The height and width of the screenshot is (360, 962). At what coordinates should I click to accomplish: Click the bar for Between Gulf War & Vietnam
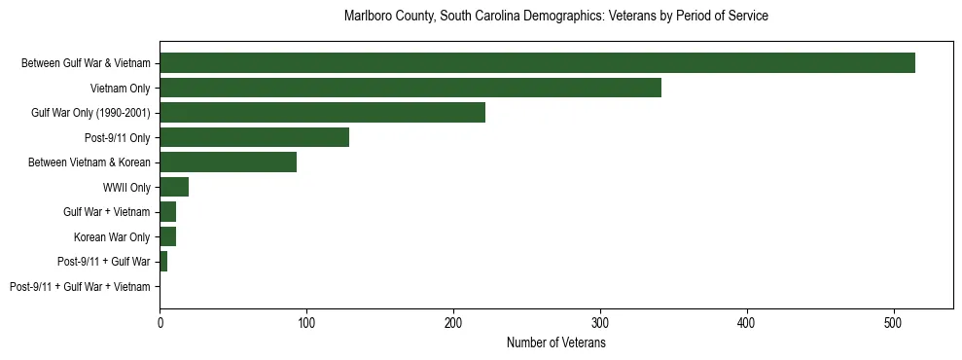pos(537,63)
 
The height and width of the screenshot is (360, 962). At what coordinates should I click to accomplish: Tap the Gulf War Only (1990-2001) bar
pos(322,113)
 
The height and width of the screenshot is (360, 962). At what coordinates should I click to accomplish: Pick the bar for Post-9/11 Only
pos(254,137)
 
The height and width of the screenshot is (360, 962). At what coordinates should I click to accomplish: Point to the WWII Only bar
pos(174,187)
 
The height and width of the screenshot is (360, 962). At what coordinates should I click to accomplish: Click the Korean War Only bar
pos(167,236)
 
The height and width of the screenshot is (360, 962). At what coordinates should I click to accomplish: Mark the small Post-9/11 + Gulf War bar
pos(163,262)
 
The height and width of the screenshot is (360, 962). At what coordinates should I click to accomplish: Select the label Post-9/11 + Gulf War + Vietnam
pos(80,287)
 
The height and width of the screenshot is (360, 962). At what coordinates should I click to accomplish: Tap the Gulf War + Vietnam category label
pos(107,212)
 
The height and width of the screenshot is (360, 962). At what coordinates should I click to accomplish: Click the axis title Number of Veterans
pos(555,343)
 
